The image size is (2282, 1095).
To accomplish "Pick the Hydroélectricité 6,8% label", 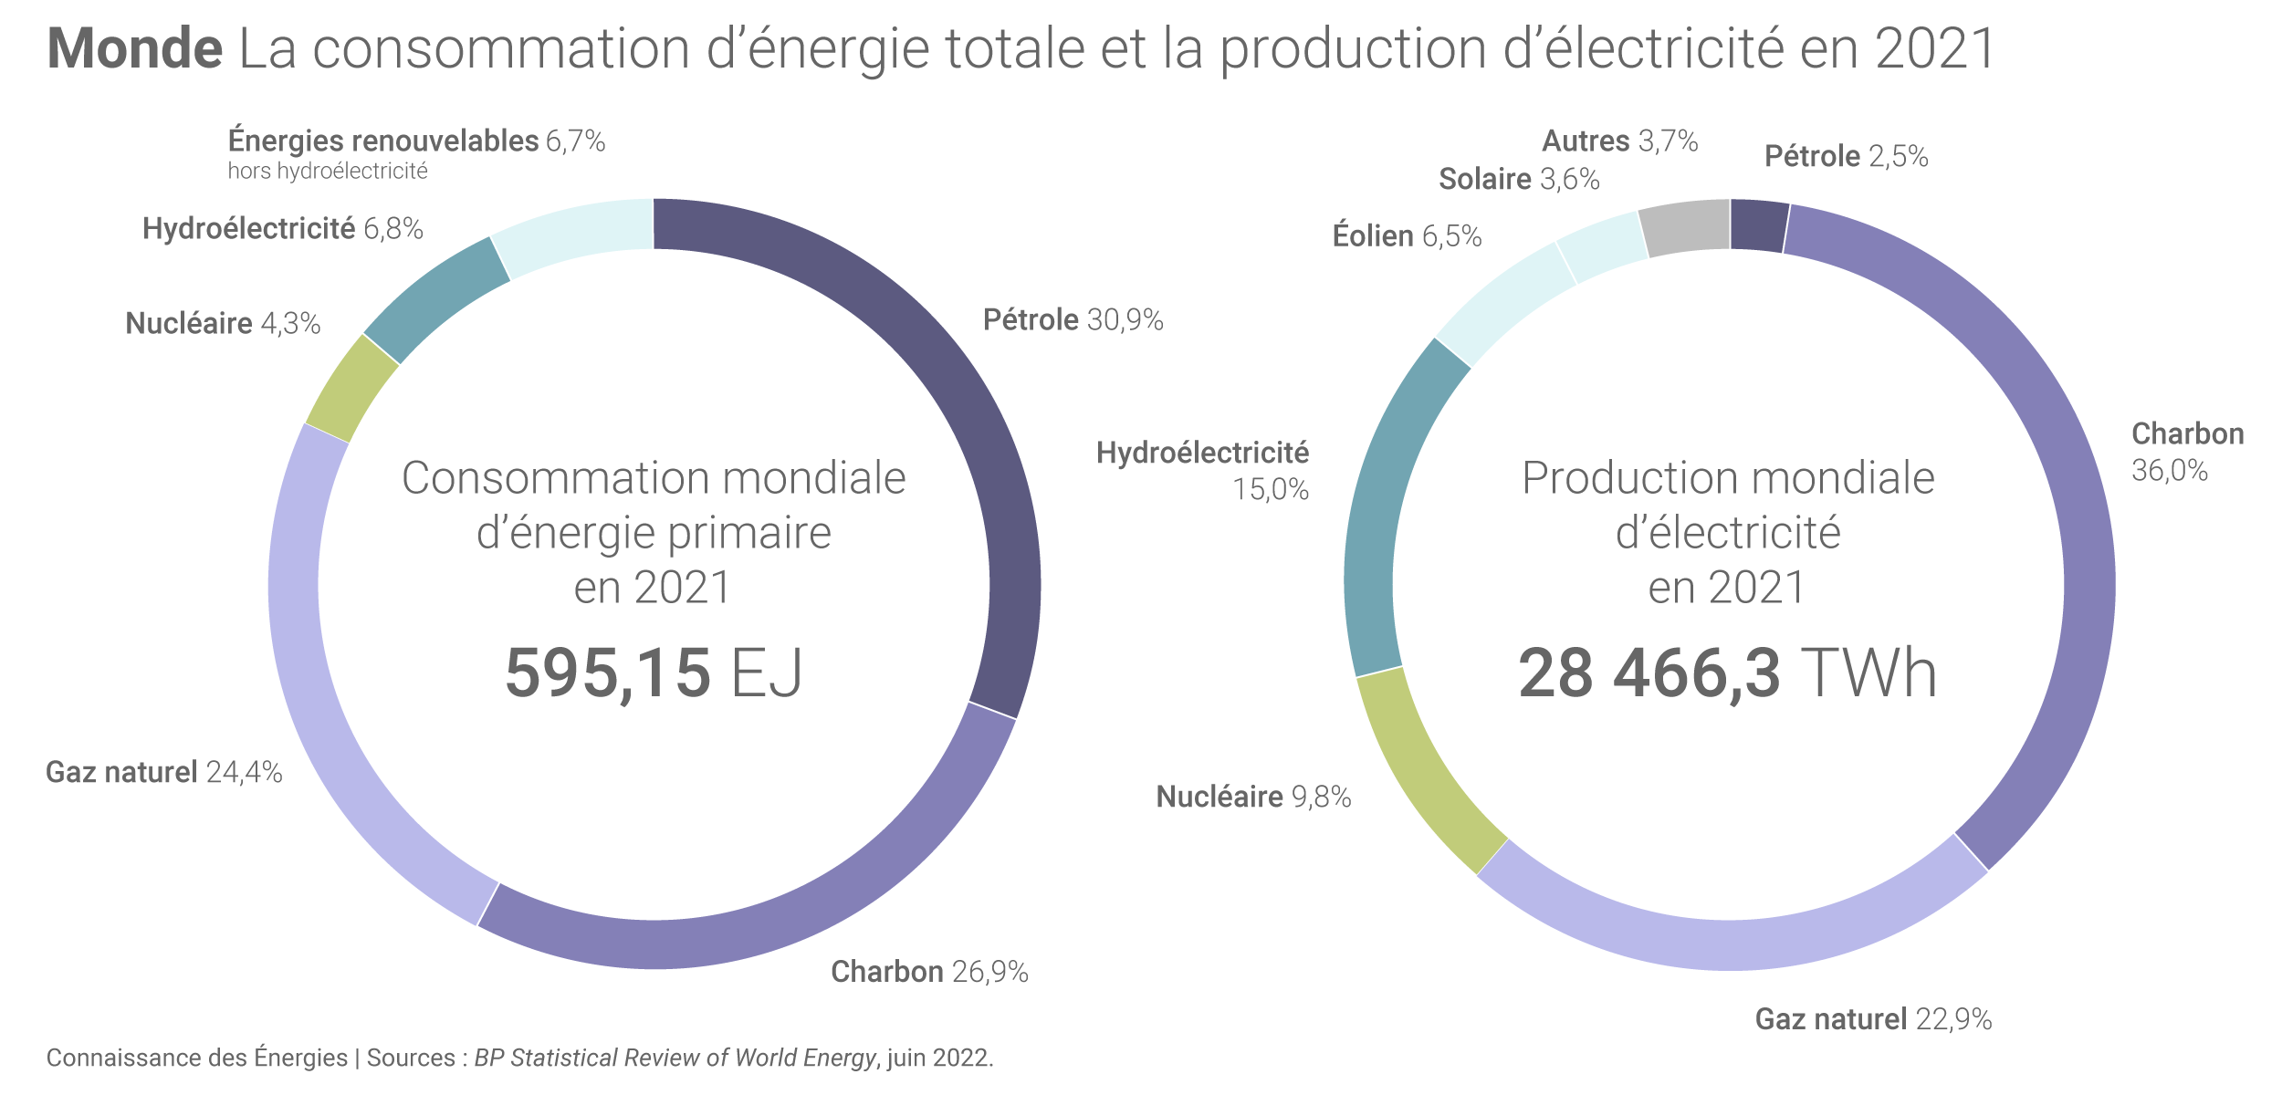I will pos(282,228).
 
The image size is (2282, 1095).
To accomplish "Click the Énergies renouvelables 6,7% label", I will pos(416,141).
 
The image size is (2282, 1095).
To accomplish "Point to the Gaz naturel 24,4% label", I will pos(164,772).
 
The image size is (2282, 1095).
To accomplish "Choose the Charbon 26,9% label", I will pos(929,971).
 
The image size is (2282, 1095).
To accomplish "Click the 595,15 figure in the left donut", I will pos(608,673).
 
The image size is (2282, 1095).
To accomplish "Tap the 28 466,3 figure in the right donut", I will pos(1649,673).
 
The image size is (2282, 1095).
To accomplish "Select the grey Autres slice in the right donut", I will pos(1686,227).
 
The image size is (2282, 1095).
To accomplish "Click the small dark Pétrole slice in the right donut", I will pos(1758,225).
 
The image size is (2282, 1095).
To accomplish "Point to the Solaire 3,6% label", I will pos(1519,179).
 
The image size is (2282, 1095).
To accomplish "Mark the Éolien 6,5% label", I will pos(1407,235).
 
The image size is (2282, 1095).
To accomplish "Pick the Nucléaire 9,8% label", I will pos(1253,797).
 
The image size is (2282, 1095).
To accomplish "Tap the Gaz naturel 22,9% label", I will pos(1873,1018).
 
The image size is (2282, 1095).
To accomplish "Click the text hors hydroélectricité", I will pos(328,172).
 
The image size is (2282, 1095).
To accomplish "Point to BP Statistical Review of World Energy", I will pos(675,1058).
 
